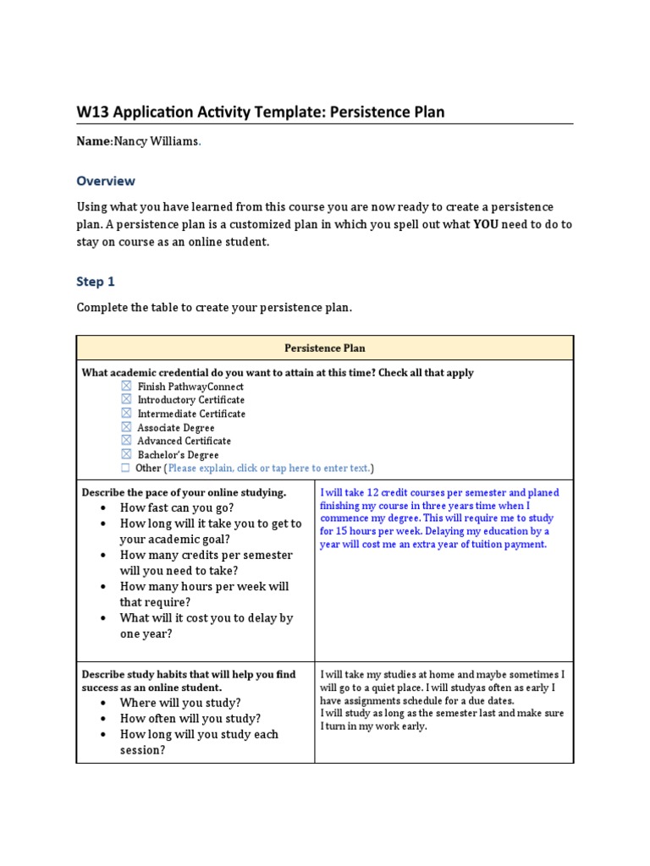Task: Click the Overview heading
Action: pos(106,181)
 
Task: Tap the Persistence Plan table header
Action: pos(325,348)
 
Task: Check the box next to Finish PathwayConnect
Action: pos(126,386)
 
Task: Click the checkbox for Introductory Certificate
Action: pos(126,399)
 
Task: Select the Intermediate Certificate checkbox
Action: pos(126,414)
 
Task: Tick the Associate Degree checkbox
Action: pos(126,427)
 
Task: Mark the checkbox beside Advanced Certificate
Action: pos(126,441)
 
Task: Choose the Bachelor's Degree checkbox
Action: pos(126,454)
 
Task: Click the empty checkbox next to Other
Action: pos(126,468)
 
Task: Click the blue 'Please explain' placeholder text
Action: pos(268,469)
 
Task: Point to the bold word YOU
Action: pos(486,224)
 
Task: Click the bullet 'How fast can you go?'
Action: pos(177,507)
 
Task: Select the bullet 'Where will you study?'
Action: pos(180,703)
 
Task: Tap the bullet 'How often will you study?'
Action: pos(190,718)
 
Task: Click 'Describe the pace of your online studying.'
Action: pos(184,492)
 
